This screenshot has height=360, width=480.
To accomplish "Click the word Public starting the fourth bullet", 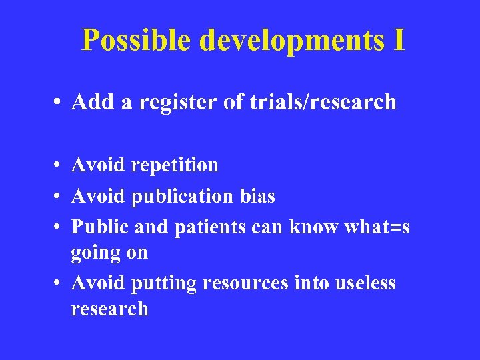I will tap(101, 227).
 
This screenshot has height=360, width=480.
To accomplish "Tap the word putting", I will tap(164, 284).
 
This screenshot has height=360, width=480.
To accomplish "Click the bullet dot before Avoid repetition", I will tap(59, 165).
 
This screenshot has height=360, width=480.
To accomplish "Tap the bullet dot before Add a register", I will tap(59, 103).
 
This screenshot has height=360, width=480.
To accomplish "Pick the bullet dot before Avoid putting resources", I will tap(59, 284).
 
